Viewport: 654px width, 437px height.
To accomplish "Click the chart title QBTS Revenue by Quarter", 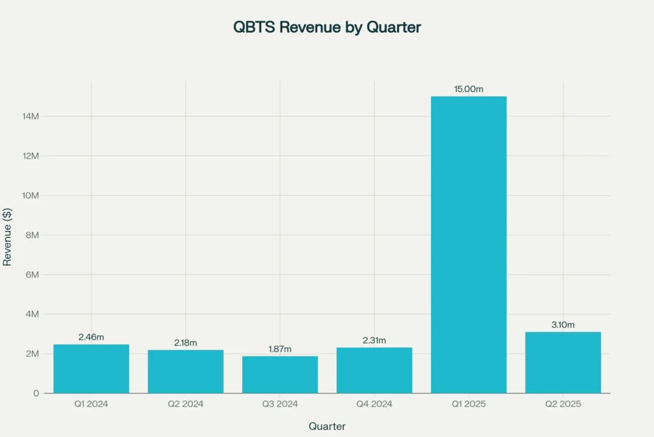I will (326, 28).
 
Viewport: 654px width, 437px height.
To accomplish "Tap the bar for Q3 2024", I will (280, 374).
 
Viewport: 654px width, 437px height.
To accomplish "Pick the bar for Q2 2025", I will (563, 362).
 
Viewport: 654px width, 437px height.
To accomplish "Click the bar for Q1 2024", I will (91, 369).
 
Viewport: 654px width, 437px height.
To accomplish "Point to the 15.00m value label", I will (469, 89).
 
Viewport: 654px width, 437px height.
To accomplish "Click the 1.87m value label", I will (280, 349).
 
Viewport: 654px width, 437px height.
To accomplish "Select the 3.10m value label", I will (563, 324).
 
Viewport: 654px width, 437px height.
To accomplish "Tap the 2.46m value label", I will (91, 337).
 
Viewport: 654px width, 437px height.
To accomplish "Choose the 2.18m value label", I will (186, 343).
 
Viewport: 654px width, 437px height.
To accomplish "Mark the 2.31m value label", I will (374, 340).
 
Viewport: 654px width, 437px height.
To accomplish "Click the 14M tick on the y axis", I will (31, 116).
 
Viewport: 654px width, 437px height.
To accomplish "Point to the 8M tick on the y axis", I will (33, 235).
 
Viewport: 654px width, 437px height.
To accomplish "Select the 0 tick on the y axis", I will (37, 393).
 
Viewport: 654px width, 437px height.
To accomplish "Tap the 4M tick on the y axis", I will (33, 314).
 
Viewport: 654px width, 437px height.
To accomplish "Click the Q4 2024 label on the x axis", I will (374, 404).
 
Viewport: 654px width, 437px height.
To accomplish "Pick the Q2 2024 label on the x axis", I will (186, 404).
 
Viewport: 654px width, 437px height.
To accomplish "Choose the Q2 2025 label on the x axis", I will (563, 404).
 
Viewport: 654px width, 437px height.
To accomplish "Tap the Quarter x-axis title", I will (327, 426).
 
